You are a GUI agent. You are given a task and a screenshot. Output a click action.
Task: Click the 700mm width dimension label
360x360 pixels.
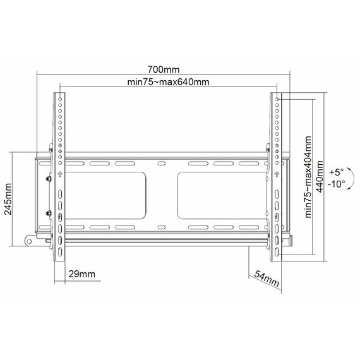point(163,69)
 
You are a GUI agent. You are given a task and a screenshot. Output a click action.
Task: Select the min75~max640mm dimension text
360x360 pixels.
point(168,82)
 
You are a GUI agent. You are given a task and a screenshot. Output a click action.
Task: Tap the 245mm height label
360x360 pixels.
point(8,199)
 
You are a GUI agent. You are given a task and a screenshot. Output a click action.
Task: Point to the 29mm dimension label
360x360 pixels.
point(81,274)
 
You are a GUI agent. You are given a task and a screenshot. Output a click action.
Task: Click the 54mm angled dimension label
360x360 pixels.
point(267,279)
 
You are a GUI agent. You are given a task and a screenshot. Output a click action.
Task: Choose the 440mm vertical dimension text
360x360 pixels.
point(320,177)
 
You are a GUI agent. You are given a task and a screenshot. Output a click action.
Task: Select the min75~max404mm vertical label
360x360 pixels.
point(308,177)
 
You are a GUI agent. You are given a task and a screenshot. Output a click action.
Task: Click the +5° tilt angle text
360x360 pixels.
point(337,172)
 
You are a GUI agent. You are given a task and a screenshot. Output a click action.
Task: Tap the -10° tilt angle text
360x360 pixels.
point(337,184)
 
